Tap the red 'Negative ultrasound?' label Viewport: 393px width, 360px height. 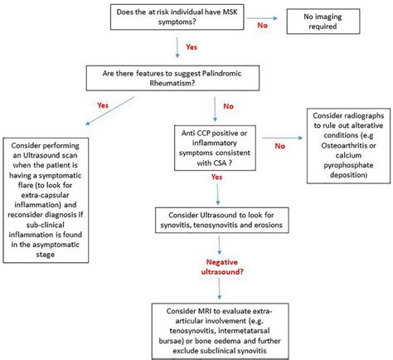218,265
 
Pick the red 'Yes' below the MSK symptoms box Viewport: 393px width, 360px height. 190,49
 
